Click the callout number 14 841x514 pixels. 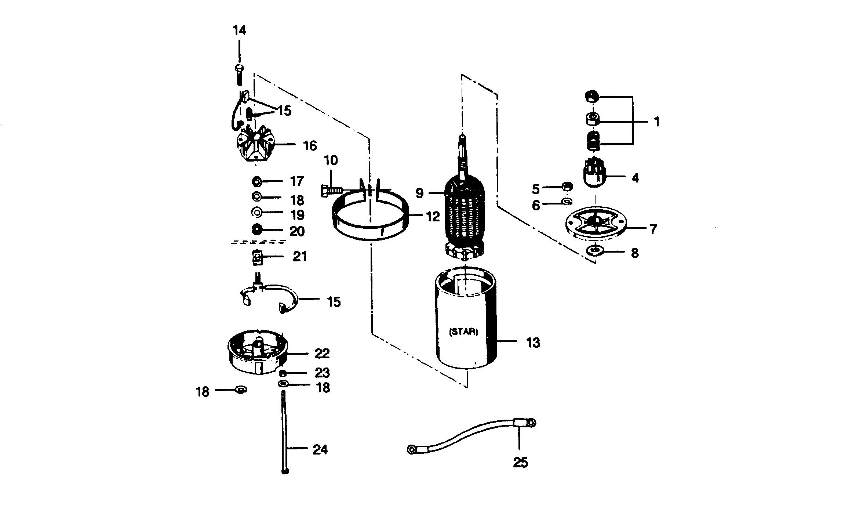tap(239, 30)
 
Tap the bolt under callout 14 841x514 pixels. tap(239, 74)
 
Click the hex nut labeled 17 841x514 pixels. tap(256, 181)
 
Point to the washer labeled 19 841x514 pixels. tap(256, 212)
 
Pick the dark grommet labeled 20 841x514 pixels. tap(256, 230)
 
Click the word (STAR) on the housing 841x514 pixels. tap(464, 332)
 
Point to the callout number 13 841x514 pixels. tap(533, 343)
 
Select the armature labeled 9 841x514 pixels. tap(465, 213)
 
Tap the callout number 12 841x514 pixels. tap(433, 217)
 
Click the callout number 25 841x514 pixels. tap(520, 463)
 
